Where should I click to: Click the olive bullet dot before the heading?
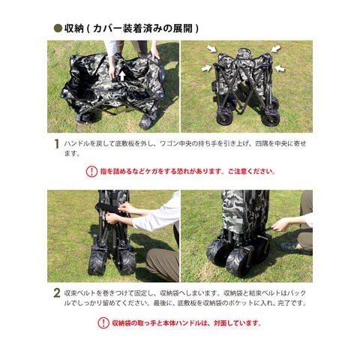pos(58,28)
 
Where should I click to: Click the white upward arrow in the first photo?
pos(122,76)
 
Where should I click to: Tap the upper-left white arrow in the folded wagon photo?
pos(211,49)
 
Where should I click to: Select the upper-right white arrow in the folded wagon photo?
pos(276,49)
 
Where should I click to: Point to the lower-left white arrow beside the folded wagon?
pos(206,68)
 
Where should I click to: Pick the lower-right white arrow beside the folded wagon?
pos(280,68)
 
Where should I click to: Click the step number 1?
pos(57,144)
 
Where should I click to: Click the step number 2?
pos(57,293)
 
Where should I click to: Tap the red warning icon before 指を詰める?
pos(91,172)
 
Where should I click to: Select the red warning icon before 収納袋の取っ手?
pos(103,323)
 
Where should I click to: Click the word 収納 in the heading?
pos(73,28)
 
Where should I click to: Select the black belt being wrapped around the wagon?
pos(108,208)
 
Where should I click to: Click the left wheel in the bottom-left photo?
pos(97,262)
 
